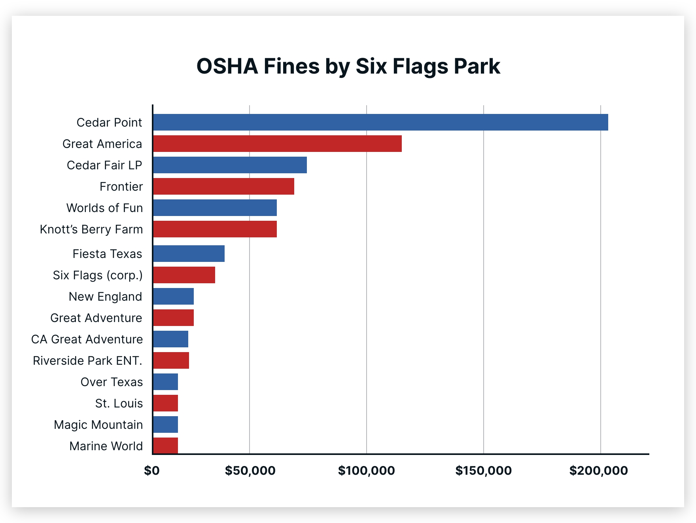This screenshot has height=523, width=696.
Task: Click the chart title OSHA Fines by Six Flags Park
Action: pyautogui.click(x=348, y=66)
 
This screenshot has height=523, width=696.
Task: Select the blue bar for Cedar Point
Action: pyautogui.click(x=380, y=122)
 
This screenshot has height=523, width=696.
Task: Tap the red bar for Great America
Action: pyautogui.click(x=277, y=144)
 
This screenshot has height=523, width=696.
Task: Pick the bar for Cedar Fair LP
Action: pyautogui.click(x=230, y=165)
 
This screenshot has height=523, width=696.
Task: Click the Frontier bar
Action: pyautogui.click(x=223, y=186)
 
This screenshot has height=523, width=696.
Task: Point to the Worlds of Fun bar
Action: pyautogui.click(x=215, y=208)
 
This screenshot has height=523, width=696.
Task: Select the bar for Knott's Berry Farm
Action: pyautogui.click(x=215, y=229)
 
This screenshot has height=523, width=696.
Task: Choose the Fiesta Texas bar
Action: pyautogui.click(x=189, y=254)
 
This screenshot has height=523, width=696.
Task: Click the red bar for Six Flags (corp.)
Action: pyautogui.click(x=184, y=275)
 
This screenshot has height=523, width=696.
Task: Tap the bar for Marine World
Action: pyautogui.click(x=165, y=446)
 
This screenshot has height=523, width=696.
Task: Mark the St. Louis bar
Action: pyautogui.click(x=165, y=403)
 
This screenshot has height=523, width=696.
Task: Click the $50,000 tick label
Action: pyautogui.click(x=250, y=470)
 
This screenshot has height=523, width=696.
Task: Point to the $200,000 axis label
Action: pyautogui.click(x=598, y=470)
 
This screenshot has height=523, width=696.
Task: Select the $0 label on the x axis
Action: pyautogui.click(x=152, y=470)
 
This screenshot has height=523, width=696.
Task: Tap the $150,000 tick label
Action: pyautogui.click(x=483, y=470)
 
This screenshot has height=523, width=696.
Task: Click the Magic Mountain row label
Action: pyautogui.click(x=98, y=424)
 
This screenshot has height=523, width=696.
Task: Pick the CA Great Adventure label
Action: pyautogui.click(x=87, y=339)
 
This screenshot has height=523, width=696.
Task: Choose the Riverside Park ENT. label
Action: pyautogui.click(x=87, y=360)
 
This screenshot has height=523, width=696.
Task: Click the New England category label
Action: pyautogui.click(x=105, y=296)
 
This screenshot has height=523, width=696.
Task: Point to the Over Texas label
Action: pyautogui.click(x=112, y=382)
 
